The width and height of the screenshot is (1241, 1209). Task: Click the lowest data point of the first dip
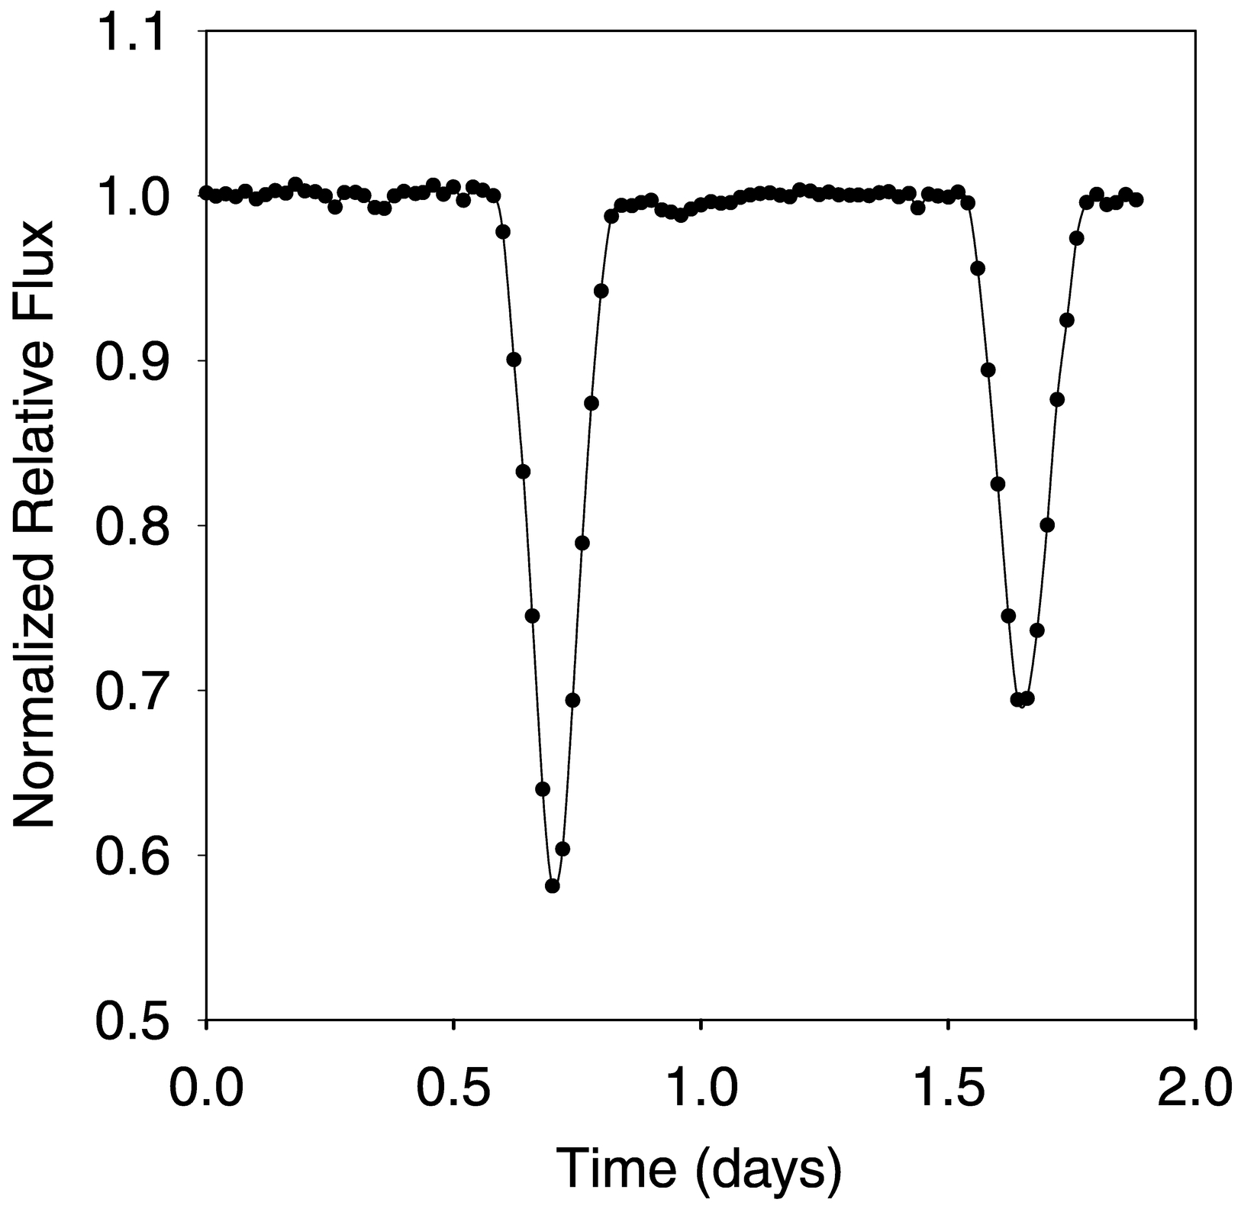(x=553, y=886)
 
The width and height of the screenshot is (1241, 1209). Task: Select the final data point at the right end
(x=1136, y=199)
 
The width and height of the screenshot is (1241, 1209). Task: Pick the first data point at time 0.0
(x=206, y=192)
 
